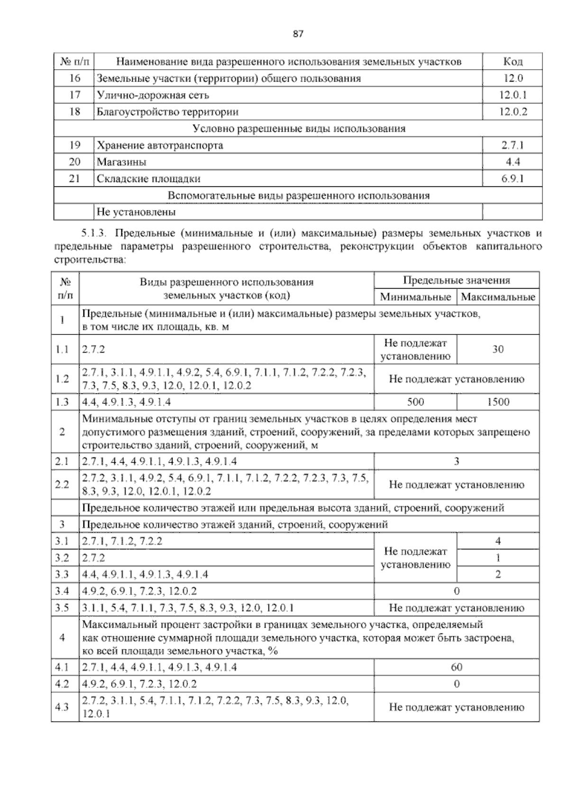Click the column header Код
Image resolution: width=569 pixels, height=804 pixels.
point(512,62)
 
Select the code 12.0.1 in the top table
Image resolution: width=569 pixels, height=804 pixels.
point(513,95)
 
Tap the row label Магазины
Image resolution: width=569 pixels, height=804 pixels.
point(121,162)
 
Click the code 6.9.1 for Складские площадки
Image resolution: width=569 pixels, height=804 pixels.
point(513,179)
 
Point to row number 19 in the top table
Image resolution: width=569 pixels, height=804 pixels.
point(74,145)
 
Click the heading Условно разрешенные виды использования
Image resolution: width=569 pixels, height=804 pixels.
point(299,128)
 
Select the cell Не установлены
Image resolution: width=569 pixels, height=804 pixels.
point(136,212)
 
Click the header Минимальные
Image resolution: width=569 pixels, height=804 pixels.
point(415,297)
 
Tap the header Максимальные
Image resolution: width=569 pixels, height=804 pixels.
point(498,297)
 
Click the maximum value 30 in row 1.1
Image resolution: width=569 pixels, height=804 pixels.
point(498,349)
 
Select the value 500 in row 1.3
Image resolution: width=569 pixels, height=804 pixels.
point(415,402)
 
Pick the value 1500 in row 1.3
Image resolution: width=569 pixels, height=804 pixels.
point(498,402)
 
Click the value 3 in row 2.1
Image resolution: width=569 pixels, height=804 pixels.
point(456,461)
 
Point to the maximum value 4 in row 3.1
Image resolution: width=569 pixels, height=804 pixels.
point(498,541)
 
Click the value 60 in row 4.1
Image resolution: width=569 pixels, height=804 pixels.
point(456,667)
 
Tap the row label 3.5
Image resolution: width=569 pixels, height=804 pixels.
point(62,608)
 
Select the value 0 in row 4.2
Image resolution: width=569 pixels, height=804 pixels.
point(456,684)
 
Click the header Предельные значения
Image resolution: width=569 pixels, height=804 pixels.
point(456,280)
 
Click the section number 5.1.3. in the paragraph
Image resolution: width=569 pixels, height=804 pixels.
point(95,234)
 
